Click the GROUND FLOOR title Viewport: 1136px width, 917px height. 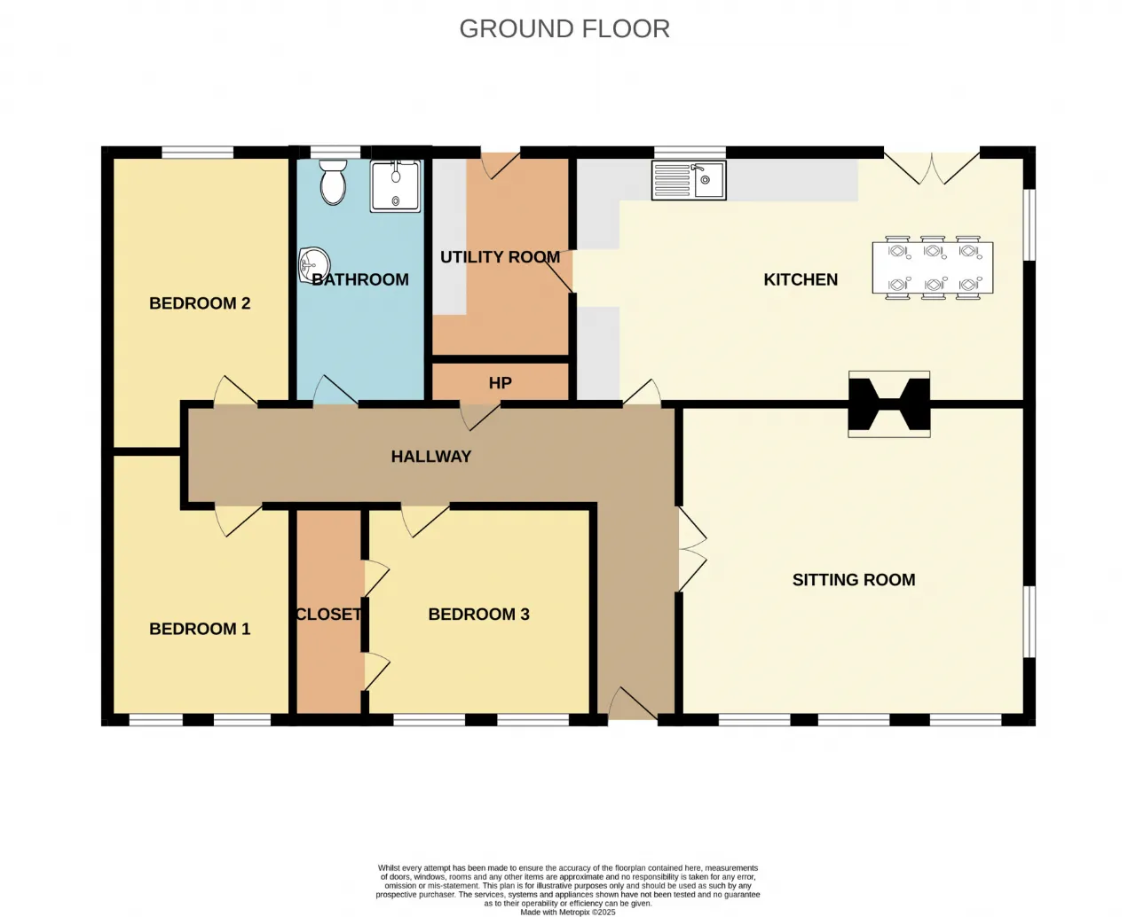[564, 28]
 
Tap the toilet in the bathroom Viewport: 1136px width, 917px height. [334, 182]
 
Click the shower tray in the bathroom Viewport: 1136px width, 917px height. [396, 186]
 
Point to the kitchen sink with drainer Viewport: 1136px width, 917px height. [689, 181]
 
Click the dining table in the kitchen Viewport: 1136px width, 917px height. [932, 268]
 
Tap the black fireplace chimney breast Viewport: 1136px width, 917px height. [889, 404]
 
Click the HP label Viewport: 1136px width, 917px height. [501, 382]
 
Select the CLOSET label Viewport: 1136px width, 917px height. [328, 615]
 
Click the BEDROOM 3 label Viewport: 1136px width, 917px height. [479, 615]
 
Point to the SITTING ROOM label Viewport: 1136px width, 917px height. [854, 580]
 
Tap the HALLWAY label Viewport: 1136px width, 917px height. [431, 457]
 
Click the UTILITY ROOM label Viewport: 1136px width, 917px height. [501, 257]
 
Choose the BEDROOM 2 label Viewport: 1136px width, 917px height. [200, 303]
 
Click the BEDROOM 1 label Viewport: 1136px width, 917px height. [200, 629]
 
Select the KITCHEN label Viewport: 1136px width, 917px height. [801, 279]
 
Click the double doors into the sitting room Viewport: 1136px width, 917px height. [692, 549]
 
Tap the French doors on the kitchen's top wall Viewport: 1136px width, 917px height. [932, 168]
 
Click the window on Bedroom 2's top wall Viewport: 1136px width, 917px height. [197, 153]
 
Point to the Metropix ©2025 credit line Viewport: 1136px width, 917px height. [568, 913]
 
